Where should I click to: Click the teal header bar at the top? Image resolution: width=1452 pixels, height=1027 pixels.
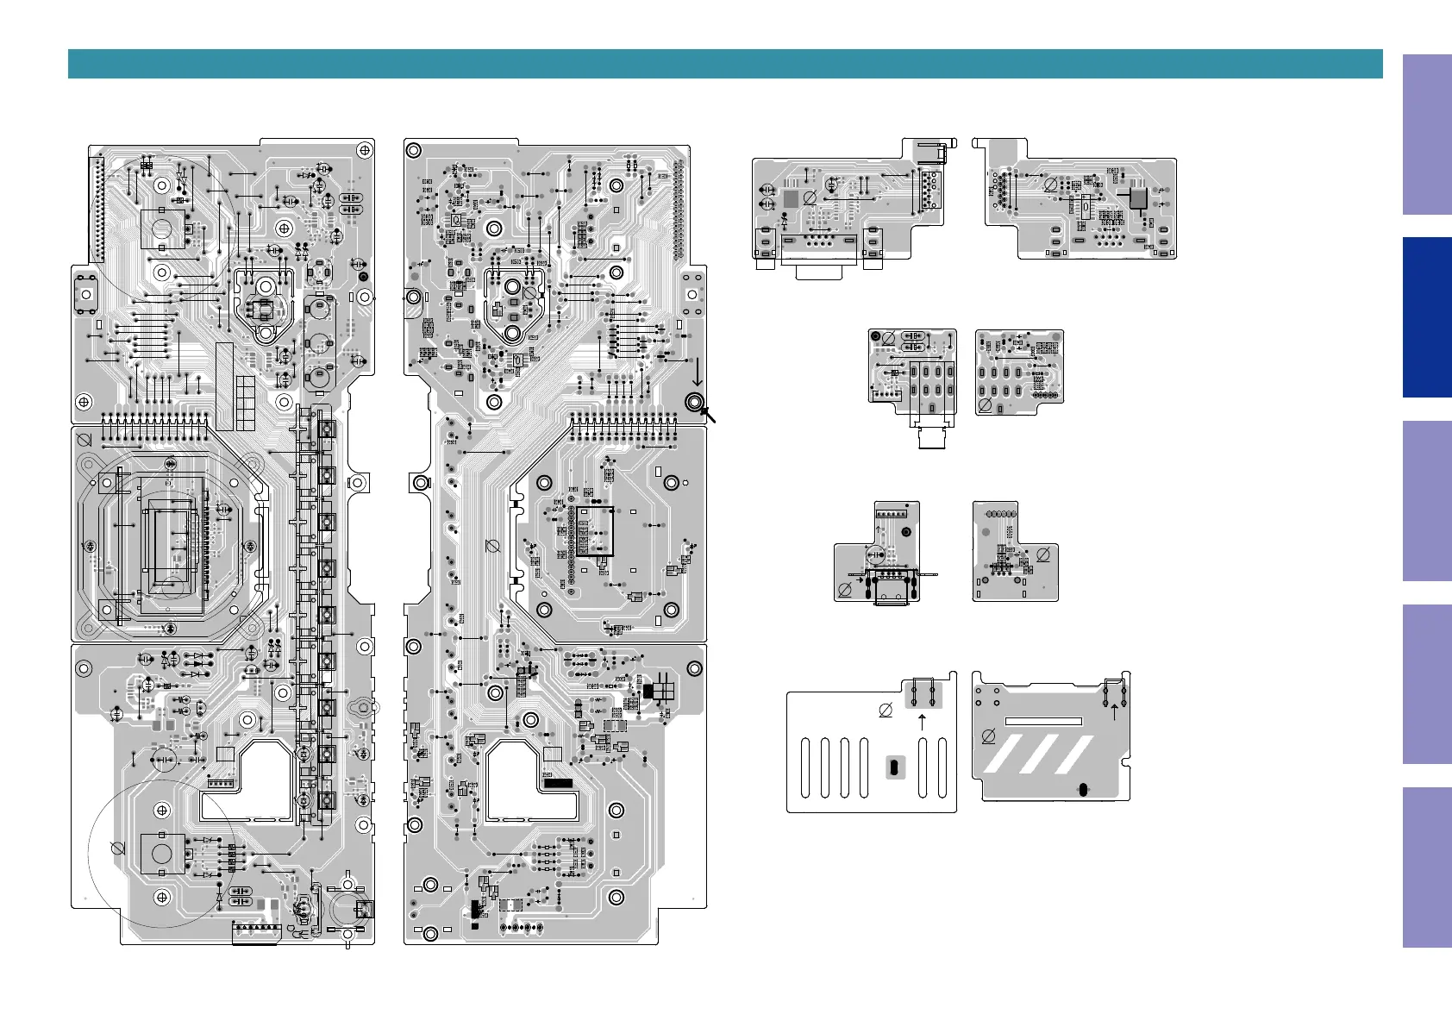(724, 64)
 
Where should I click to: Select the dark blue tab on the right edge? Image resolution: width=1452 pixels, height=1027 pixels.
(1426, 317)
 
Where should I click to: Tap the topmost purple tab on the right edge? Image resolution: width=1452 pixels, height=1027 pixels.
(1426, 135)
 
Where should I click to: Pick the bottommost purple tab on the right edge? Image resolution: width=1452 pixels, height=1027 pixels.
(1426, 867)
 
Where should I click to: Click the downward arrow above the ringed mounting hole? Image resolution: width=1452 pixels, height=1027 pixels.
(698, 373)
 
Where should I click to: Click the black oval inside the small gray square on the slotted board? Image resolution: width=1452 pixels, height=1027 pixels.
(895, 767)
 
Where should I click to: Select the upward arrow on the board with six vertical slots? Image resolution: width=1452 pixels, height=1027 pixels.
(922, 722)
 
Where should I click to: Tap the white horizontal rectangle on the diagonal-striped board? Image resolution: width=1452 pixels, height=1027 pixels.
(1043, 721)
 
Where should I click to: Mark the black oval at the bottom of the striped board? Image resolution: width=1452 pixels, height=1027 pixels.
(1083, 789)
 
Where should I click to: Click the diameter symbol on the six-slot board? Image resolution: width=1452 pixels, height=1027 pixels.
(886, 711)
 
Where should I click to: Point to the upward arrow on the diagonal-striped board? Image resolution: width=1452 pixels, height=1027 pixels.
(1114, 711)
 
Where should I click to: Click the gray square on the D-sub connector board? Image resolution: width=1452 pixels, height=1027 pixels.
(790, 199)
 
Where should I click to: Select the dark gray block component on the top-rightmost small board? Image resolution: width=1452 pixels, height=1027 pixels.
(1138, 198)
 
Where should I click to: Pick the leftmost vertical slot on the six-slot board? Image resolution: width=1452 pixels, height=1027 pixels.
(805, 767)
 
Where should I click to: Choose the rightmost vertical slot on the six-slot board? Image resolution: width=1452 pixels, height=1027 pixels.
(942, 767)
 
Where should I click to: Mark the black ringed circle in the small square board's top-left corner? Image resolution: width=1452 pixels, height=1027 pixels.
(876, 336)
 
